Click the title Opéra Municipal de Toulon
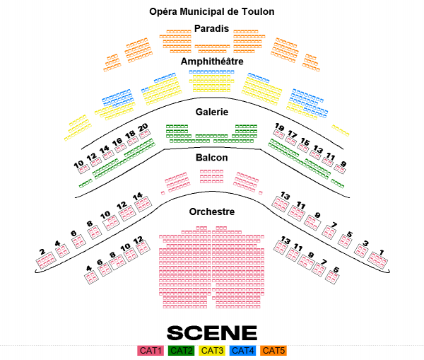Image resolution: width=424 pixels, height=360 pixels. pos(211,11)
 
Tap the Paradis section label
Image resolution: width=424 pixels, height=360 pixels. pos(211,28)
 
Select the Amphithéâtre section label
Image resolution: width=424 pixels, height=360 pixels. pos(211,62)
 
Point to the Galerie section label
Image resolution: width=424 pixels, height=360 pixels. pos(211,112)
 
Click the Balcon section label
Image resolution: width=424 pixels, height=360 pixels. pos(211,157)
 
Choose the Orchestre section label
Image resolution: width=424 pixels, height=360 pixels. pos(211,211)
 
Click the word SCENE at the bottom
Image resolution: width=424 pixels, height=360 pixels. pos(211,332)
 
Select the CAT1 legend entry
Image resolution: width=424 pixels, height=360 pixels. pos(151,350)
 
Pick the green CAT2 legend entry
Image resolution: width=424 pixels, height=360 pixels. pos(182,350)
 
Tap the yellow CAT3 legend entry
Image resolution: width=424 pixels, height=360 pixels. pos(212,350)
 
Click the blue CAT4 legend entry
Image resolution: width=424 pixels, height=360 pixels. pos(242,350)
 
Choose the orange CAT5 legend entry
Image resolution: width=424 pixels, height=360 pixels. pos(273,350)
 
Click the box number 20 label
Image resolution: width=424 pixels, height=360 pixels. pos(143,127)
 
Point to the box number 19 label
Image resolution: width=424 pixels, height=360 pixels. pos(279,127)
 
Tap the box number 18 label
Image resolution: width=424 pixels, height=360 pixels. pos(130,134)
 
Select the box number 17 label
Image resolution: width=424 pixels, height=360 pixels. pos(292,134)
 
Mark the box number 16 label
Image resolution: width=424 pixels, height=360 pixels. pos(117,142)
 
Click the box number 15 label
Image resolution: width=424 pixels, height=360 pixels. pos(305,141)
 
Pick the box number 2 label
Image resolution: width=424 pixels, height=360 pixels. pos(42,252)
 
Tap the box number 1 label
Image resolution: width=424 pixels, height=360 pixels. pos(381,252)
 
